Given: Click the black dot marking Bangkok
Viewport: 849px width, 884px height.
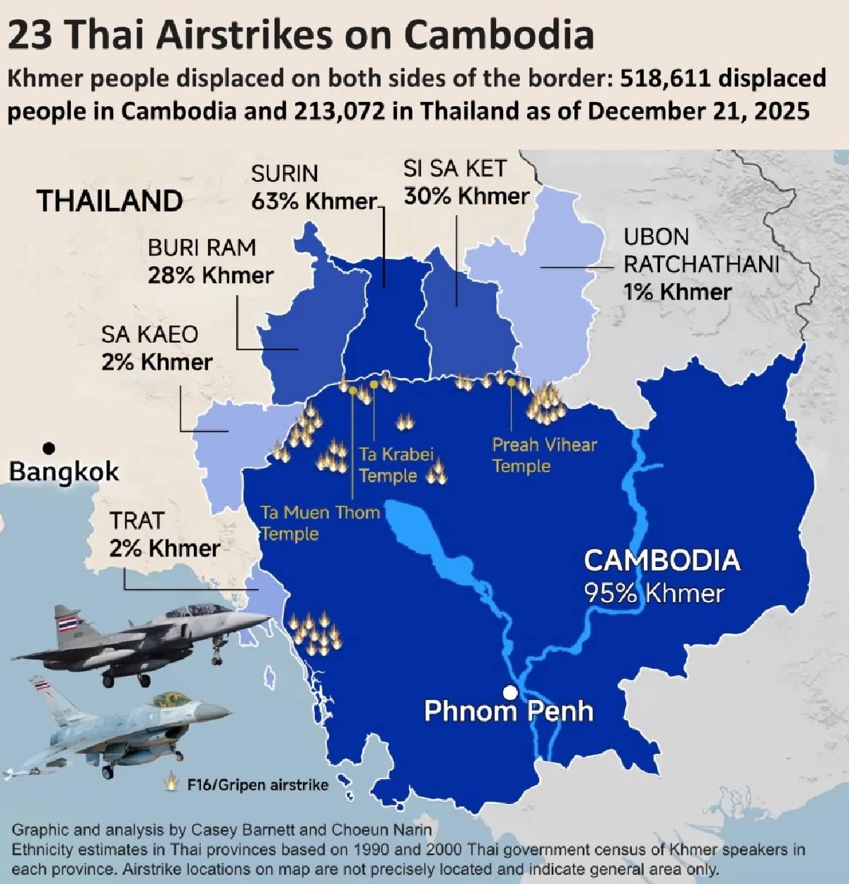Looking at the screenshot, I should click(49, 448).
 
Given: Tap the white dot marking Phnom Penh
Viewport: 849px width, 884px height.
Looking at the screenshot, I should click(509, 692).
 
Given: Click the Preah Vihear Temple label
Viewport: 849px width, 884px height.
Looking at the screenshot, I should click(544, 455).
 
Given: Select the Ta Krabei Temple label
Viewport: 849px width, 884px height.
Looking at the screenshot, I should click(395, 464).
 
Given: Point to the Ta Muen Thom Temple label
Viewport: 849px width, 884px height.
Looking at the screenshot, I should click(320, 522).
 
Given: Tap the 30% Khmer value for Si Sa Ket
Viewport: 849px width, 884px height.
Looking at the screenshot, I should click(466, 196).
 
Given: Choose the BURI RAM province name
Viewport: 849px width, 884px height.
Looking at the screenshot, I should click(202, 248).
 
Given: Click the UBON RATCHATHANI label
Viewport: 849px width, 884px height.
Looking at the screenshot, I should click(700, 251).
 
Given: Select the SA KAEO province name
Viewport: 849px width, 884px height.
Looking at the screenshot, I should click(149, 334).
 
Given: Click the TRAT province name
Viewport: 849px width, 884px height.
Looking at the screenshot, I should click(137, 521).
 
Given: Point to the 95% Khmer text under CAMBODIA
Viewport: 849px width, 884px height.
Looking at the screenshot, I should click(654, 593).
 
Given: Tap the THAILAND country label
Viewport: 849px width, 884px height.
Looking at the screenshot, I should click(110, 201).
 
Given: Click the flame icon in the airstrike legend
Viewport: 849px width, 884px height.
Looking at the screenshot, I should click(171, 783).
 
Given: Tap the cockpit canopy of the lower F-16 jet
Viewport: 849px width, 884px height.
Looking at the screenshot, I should click(171, 701).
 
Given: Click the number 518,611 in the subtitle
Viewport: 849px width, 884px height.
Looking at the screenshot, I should click(664, 78).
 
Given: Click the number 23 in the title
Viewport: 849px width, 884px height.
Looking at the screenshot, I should click(30, 35).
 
